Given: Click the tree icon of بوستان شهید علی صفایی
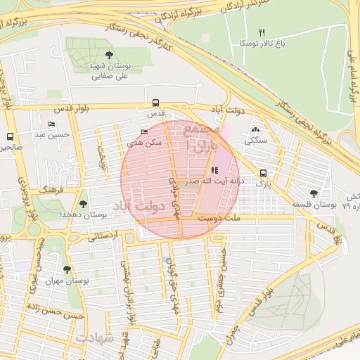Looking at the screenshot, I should click(109, 54).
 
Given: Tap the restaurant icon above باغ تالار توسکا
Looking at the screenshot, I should click(262, 32).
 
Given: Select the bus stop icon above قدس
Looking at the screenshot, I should click(155, 102).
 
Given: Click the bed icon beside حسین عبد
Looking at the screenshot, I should click(51, 124).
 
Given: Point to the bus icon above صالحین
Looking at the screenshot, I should click(10, 136).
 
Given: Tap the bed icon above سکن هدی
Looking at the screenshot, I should click(145, 131).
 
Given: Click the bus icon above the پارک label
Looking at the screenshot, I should click(263, 173).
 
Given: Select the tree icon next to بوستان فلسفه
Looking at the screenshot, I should click(313, 193).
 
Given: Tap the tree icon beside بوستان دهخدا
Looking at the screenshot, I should click(84, 203).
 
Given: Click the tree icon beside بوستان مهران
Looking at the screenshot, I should click(67, 269).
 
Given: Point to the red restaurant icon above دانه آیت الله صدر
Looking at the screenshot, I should click(214, 170).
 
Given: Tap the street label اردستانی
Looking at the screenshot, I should click(105, 237).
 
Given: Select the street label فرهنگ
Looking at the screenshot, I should click(53, 191).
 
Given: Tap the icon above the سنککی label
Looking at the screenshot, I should click(255, 130).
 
